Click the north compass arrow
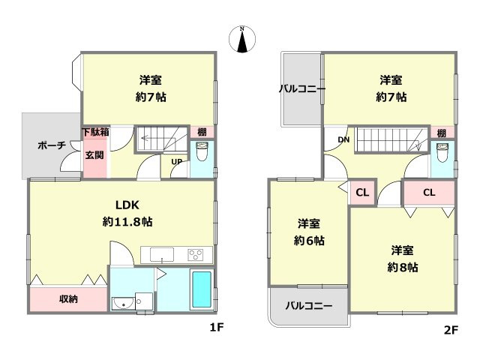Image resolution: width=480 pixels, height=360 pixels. (242, 40)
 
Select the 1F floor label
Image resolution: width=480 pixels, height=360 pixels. (217, 328)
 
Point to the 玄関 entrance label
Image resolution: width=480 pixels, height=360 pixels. (94, 155)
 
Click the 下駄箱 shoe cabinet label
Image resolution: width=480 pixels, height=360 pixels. (94, 132)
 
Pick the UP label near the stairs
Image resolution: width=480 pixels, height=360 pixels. (177, 161)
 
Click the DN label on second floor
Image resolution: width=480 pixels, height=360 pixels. (343, 139)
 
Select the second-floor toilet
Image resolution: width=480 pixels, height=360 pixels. (442, 157)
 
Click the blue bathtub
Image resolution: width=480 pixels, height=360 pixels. (201, 289)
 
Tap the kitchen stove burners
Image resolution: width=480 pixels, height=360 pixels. (196, 253)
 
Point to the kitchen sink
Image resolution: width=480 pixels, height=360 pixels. (161, 253)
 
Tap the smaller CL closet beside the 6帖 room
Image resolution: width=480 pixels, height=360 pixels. (362, 193)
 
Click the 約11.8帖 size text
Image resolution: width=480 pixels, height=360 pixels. (128, 222)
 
